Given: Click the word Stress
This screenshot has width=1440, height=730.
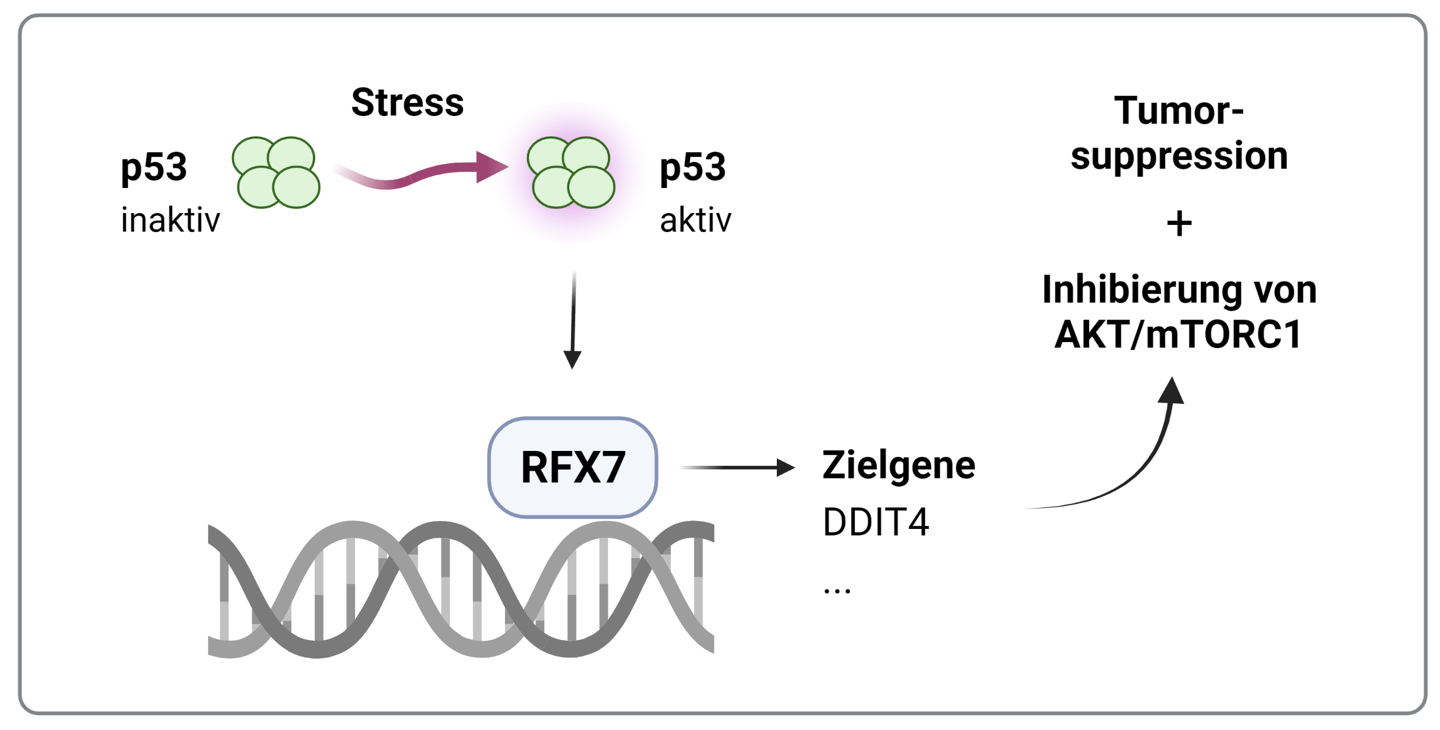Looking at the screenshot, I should click(407, 102).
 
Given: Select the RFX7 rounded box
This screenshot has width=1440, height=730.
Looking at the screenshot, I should click(572, 468).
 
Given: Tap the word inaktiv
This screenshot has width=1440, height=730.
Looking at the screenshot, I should click(170, 220).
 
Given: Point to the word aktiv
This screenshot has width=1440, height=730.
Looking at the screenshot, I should click(695, 220).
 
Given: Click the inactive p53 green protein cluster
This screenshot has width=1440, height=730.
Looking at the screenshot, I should click(276, 173).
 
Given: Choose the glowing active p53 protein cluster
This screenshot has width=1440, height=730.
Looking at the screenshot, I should click(571, 173).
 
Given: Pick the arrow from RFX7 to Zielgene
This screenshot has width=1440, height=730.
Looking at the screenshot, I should click(738, 468).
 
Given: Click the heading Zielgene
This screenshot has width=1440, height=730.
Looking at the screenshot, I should click(898, 465).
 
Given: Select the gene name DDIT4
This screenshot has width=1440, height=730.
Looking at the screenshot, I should click(876, 522).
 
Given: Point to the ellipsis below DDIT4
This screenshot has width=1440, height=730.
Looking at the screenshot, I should click(837, 590).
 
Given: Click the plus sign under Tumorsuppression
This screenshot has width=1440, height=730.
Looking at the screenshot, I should click(1179, 224).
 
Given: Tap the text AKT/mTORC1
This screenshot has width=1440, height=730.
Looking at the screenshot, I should click(1178, 334).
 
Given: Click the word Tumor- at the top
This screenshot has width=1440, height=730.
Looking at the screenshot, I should click(1179, 111).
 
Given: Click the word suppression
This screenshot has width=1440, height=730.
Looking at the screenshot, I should click(1179, 156).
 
